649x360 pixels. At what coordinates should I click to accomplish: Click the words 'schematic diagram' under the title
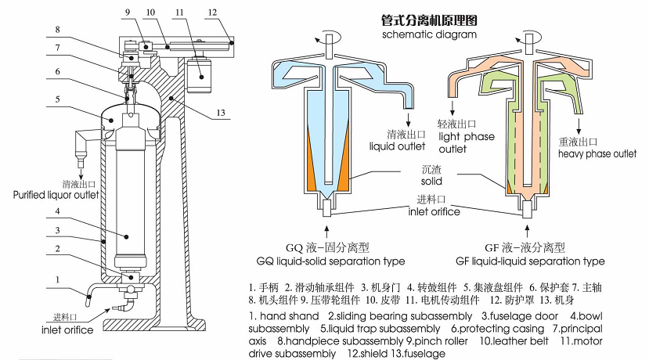[430, 35]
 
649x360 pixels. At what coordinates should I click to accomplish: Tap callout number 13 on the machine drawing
[222, 113]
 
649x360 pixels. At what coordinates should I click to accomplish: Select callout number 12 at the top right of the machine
[212, 13]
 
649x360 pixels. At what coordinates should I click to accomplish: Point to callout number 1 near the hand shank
[57, 279]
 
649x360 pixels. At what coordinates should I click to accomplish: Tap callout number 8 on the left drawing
[57, 30]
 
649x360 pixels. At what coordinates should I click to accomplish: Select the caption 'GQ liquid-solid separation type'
[330, 261]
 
